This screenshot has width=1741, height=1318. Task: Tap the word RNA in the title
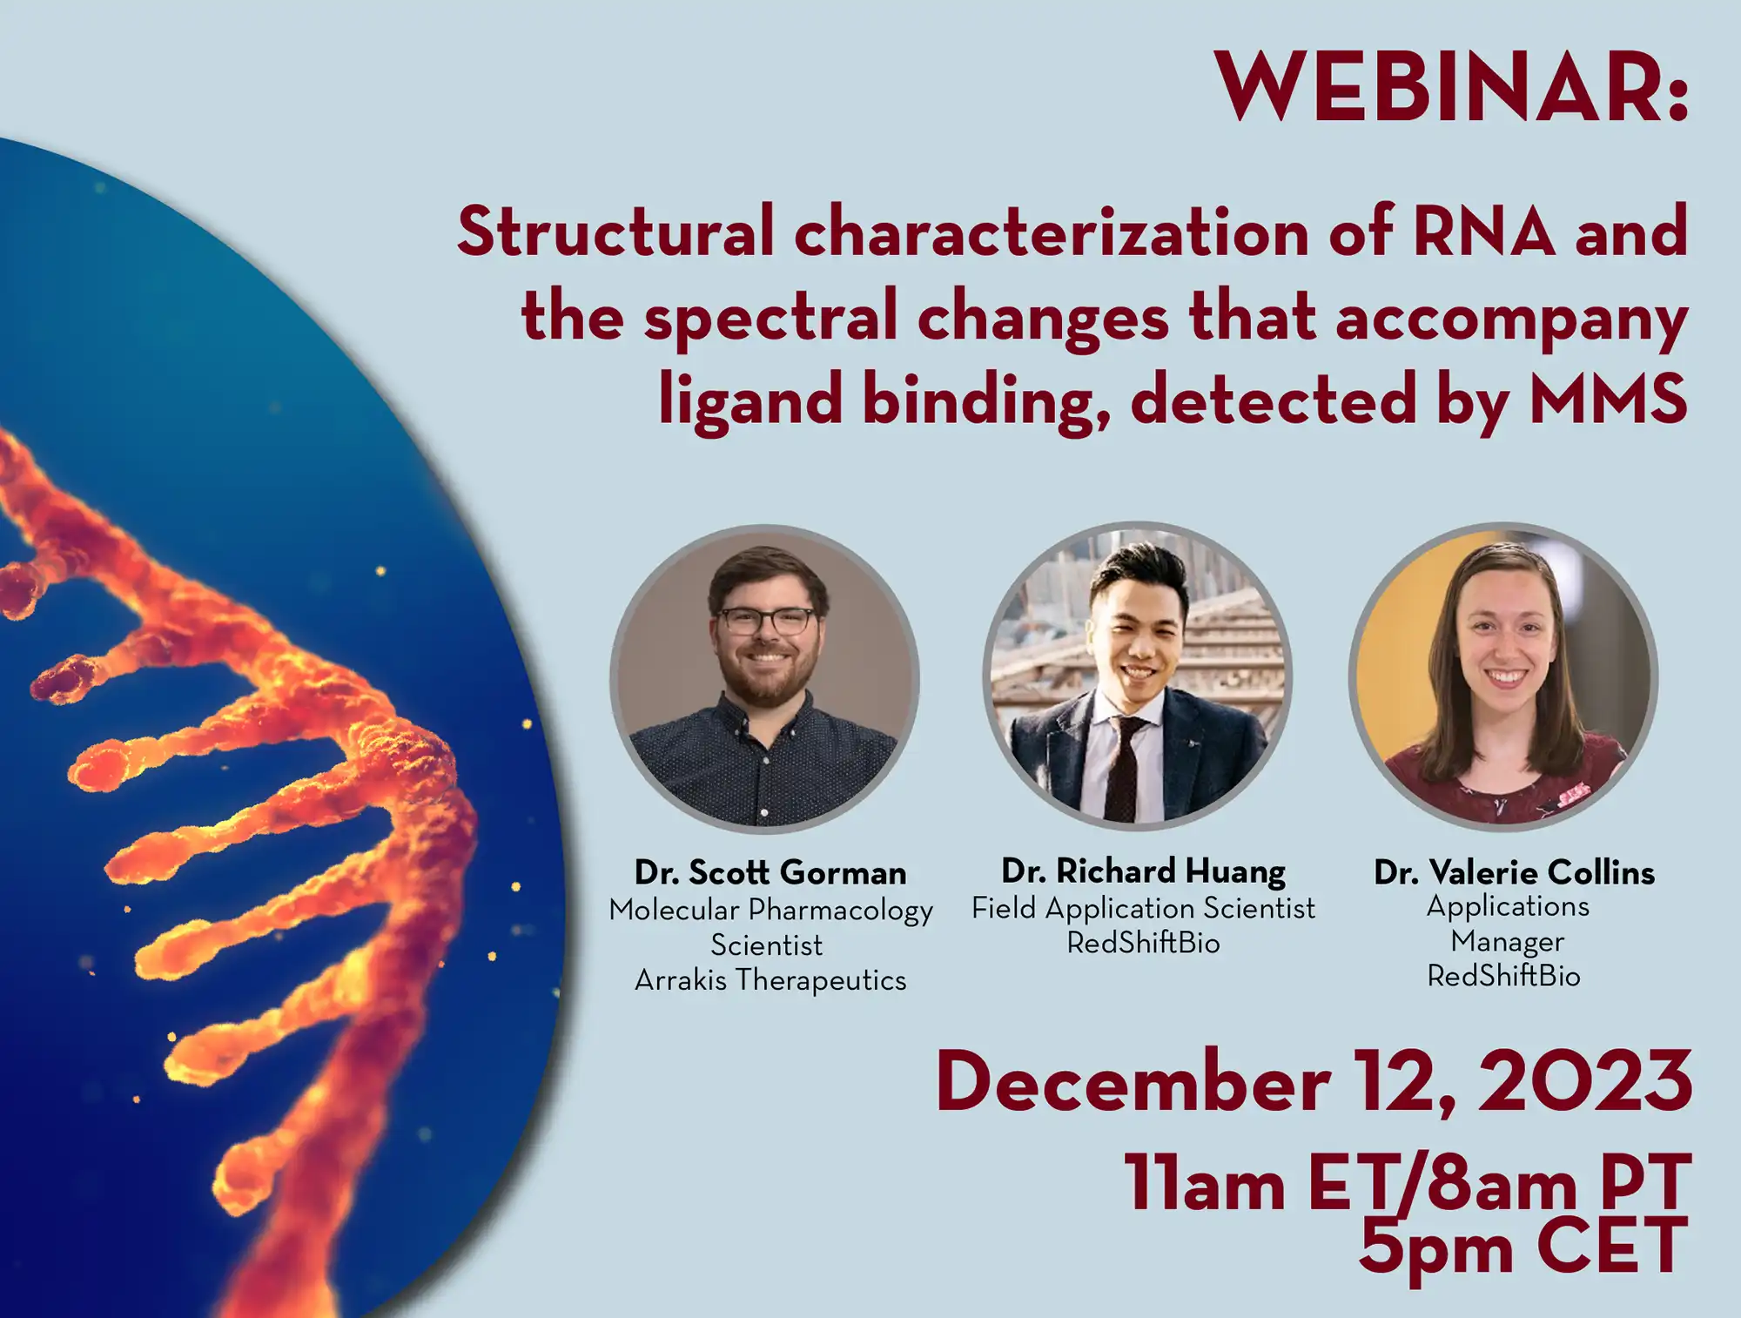point(1483,232)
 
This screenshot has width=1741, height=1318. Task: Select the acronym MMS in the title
point(1608,400)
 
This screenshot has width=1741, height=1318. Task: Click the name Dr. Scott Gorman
point(770,872)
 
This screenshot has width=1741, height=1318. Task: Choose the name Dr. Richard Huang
point(1143,871)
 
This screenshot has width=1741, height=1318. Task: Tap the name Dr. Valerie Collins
point(1514,872)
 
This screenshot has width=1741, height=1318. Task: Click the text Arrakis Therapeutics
point(770,980)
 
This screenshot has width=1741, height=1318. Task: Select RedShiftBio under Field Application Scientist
point(1143,943)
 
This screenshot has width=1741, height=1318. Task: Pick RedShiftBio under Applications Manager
point(1503,976)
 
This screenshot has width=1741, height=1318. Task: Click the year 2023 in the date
point(1585,1081)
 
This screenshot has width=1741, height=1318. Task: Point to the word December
point(1133,1083)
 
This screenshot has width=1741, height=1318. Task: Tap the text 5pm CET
point(1523,1247)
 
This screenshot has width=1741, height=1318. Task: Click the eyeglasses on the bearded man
point(767,622)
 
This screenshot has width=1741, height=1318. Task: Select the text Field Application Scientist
point(1143,908)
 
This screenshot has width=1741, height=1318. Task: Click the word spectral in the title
point(770,317)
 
